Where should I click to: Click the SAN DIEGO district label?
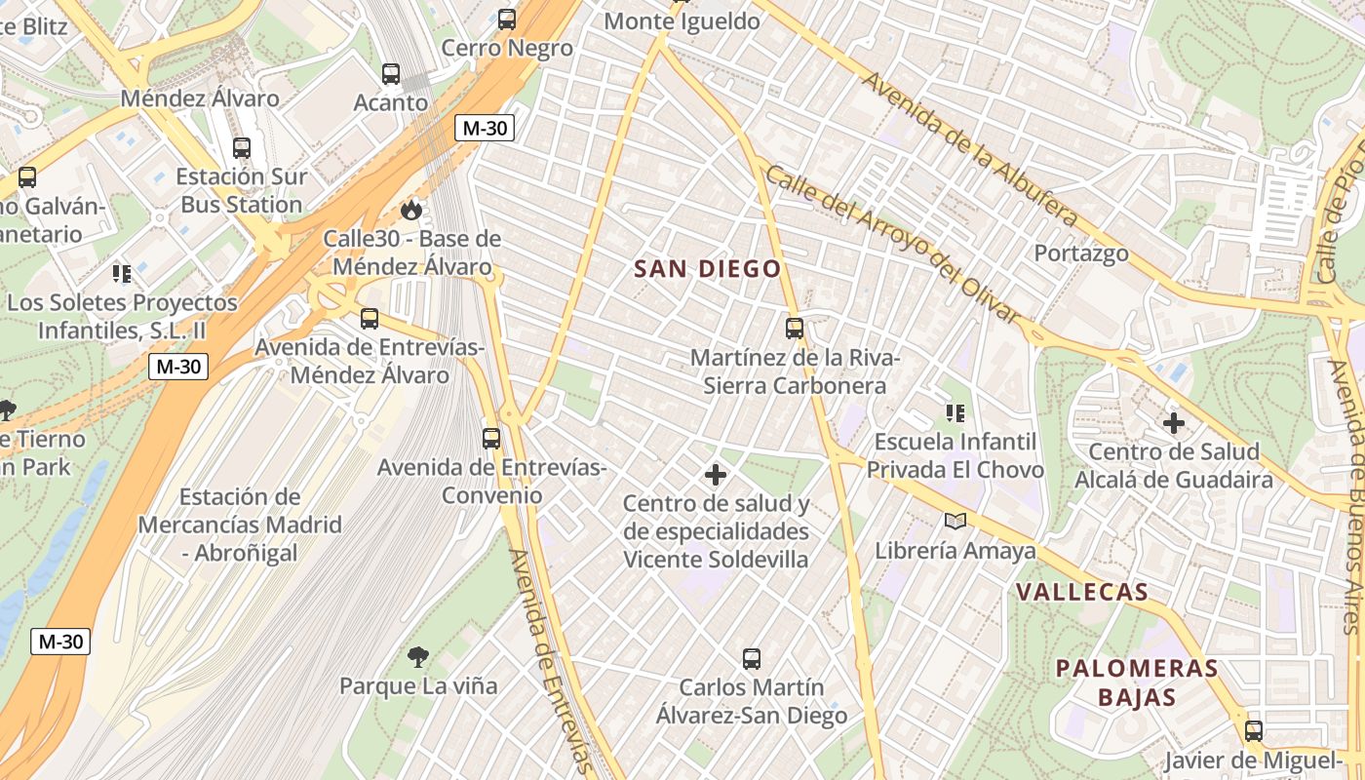point(708,269)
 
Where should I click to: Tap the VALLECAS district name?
point(1082,592)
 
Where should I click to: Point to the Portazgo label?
point(1081,253)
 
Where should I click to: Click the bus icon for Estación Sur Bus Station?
point(242,148)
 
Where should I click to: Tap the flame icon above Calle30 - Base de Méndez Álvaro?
point(411,210)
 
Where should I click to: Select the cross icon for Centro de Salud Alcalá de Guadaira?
point(1174,423)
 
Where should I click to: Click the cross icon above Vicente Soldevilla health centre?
point(716,475)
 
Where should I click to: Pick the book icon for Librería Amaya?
point(955,522)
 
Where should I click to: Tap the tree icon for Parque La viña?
point(418,657)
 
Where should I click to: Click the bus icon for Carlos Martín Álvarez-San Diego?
point(751,659)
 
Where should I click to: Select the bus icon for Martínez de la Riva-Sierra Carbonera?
point(795,329)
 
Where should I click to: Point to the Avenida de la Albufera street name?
point(969,149)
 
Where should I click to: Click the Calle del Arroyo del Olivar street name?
point(891,244)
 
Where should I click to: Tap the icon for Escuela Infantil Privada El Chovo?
point(955,413)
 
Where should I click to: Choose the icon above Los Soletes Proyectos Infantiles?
point(122,273)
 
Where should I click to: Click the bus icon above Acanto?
point(391,74)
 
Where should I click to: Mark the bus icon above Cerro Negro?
point(507,19)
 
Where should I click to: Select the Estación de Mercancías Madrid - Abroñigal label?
point(240,525)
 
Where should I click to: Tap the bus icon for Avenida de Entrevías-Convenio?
point(491,439)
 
